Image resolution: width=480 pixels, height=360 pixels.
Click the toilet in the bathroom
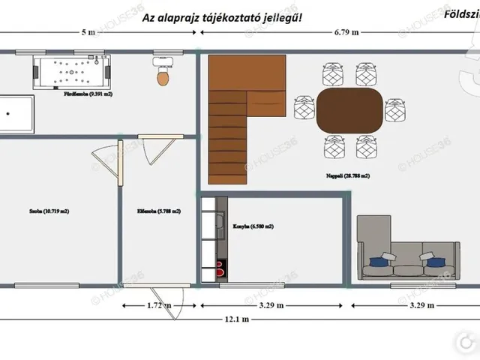pyautogui.click(x=163, y=74)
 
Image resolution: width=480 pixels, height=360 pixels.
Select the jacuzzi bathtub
pyautogui.click(x=72, y=73)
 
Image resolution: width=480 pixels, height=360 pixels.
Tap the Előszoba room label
pyautogui.click(x=158, y=211)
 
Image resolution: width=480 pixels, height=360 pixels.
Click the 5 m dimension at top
pyautogui.click(x=88, y=32)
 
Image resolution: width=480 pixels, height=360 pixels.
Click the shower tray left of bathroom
pyautogui.click(x=15, y=114)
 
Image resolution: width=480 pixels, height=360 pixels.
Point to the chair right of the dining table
pyautogui.click(x=395, y=110)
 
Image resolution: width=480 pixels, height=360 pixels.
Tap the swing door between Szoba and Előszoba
pyautogui.click(x=105, y=161)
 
